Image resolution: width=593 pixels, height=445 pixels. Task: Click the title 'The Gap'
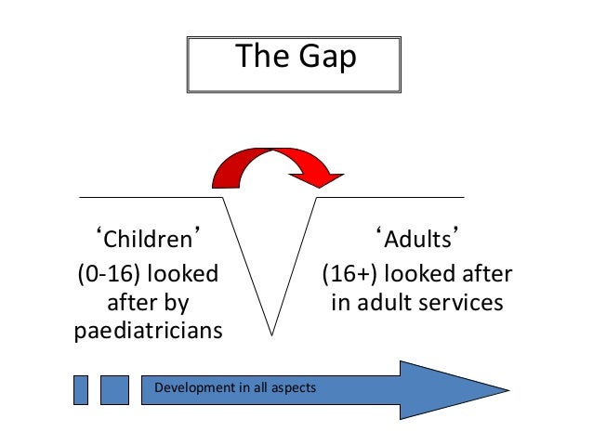[x=296, y=58]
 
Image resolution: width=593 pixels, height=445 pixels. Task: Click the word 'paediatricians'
[x=148, y=331]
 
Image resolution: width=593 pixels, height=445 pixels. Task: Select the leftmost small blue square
[x=81, y=389]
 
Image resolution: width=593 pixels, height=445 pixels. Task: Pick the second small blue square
[x=114, y=389]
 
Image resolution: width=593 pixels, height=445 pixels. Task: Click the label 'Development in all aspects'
[x=235, y=386]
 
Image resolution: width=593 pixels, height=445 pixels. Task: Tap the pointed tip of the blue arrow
[x=506, y=389]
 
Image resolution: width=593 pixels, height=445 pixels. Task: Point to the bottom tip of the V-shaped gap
[x=270, y=332]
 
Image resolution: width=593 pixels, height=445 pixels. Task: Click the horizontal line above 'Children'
[x=149, y=197]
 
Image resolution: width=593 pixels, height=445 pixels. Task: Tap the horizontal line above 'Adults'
[x=390, y=197]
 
